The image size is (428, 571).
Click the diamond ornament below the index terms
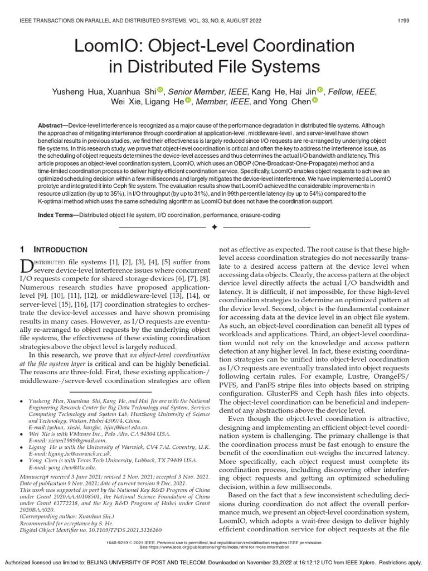pyautogui.click(x=214, y=227)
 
